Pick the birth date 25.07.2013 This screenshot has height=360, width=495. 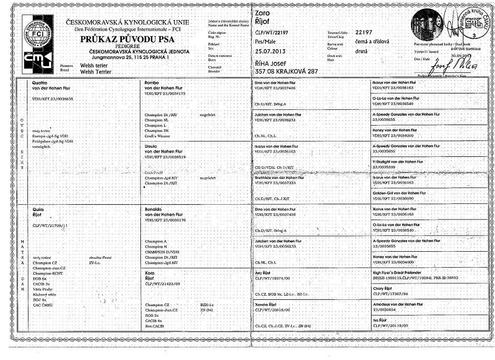point(273,51)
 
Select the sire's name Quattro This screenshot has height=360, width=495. point(42,83)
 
